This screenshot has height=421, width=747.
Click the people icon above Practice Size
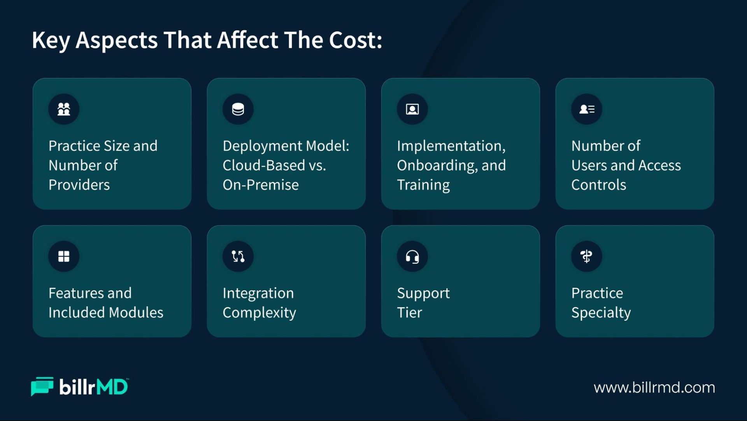tap(64, 109)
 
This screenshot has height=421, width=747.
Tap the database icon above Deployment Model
tap(238, 109)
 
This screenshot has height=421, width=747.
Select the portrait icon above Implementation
tap(412, 109)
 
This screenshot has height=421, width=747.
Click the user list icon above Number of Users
tap(587, 109)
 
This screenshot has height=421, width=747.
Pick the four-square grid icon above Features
tap(64, 256)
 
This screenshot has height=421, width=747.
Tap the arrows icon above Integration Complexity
tap(238, 256)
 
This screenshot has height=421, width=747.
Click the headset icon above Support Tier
tap(412, 257)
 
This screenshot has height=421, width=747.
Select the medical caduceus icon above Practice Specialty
tap(586, 256)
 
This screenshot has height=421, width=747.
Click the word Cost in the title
tap(352, 40)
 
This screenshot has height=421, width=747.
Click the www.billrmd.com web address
tap(654, 388)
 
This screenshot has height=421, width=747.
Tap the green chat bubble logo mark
tap(42, 386)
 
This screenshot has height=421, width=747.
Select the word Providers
tap(79, 185)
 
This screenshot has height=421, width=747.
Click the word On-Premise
tap(261, 185)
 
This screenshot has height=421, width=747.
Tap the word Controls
tap(599, 185)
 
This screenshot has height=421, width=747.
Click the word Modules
tap(136, 312)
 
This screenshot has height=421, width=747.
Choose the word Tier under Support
tap(409, 312)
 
